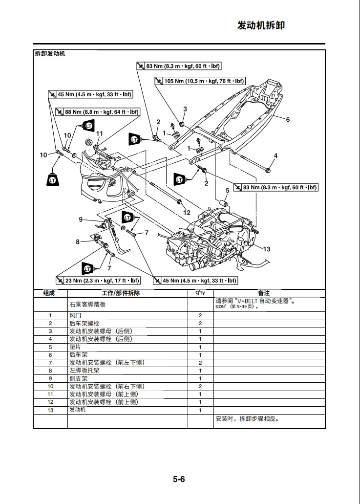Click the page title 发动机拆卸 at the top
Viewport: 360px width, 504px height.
(x=260, y=25)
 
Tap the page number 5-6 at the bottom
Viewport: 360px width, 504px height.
(x=179, y=479)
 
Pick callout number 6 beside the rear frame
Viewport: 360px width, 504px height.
(x=288, y=120)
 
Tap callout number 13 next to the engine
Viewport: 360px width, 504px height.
(x=267, y=249)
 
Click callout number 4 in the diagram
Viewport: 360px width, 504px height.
(x=275, y=156)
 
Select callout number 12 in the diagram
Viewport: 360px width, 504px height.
(x=187, y=213)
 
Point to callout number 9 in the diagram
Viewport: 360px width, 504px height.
(x=81, y=219)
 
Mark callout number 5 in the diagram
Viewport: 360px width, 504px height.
(x=227, y=190)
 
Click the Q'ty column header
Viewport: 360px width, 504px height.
(x=200, y=293)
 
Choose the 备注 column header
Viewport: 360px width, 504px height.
(x=264, y=293)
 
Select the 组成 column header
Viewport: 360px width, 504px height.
(x=49, y=293)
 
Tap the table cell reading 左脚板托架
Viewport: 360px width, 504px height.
(x=83, y=371)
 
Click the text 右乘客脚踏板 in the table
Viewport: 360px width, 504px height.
(x=87, y=304)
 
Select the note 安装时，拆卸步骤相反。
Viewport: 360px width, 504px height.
(x=250, y=419)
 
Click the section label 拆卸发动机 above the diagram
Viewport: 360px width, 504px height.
(x=49, y=53)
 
